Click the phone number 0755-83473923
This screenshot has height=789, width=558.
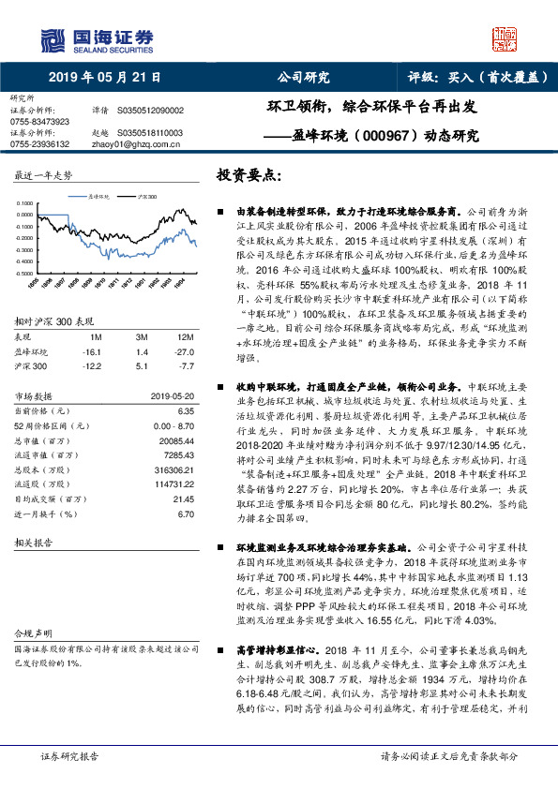pyautogui.click(x=39, y=122)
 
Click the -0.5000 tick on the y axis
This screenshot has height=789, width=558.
pyautogui.click(x=26, y=273)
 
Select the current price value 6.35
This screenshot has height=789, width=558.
pyautogui.click(x=185, y=410)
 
